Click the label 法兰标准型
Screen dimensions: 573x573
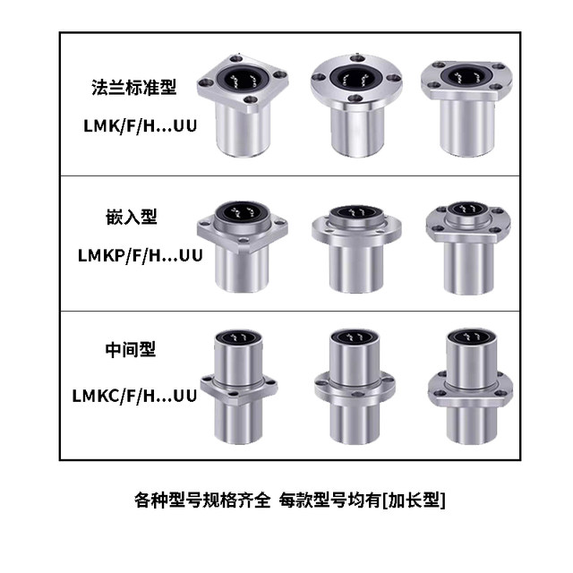[133, 88]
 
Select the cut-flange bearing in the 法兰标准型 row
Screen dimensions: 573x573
[465, 112]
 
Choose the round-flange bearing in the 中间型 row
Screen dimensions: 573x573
[355, 385]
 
